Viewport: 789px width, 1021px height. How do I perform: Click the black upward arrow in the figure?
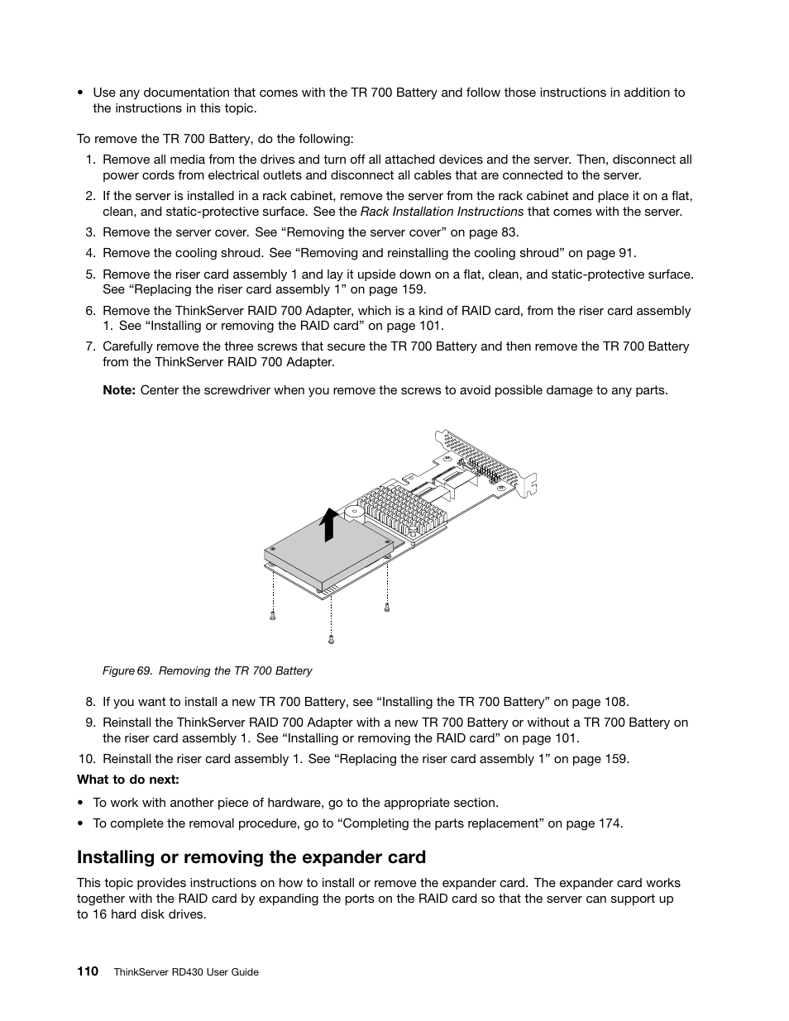click(330, 523)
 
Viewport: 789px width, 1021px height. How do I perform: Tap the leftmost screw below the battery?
click(272, 614)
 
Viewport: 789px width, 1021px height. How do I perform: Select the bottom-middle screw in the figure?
click(331, 639)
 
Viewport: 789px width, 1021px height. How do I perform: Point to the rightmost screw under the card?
click(386, 608)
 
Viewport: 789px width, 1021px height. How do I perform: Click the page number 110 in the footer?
click(88, 971)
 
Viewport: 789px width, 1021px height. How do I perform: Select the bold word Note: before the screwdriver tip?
click(118, 390)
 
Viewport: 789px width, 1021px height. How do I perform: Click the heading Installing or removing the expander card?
click(251, 856)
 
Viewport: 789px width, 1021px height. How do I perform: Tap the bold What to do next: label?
click(128, 779)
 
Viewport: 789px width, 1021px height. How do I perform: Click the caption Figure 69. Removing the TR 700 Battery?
click(207, 670)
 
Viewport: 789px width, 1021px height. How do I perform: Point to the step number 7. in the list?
click(91, 346)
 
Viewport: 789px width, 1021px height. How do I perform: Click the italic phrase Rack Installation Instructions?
click(442, 212)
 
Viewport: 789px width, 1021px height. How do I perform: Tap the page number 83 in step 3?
click(509, 232)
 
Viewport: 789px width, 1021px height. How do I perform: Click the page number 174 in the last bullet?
click(609, 823)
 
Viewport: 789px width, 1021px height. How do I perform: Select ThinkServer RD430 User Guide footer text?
click(185, 972)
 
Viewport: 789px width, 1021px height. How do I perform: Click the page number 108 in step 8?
click(615, 702)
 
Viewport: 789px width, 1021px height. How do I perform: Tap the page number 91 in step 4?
click(626, 253)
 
